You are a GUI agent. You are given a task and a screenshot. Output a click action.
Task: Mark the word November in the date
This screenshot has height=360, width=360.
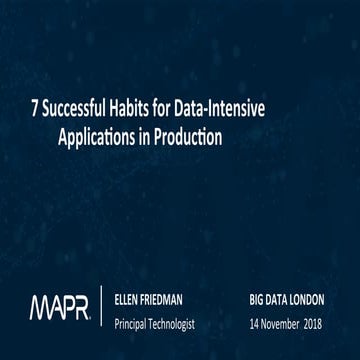(290, 323)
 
